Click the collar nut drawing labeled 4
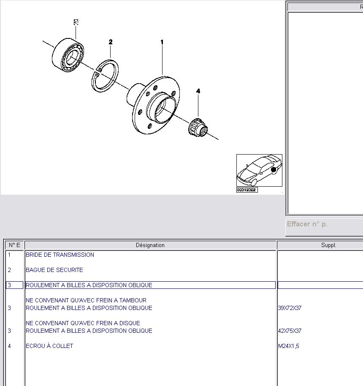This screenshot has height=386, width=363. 198,128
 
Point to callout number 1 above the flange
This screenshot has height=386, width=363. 162,42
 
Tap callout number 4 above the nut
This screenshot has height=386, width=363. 198,91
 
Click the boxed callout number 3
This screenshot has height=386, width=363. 76,22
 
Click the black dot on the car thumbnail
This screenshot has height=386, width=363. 274,170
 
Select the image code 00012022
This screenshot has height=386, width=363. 247,190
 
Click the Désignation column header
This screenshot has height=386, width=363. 150,245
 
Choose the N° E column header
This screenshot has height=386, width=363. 14,245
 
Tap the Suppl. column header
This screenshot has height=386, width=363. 328,245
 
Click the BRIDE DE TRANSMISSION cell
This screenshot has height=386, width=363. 60,255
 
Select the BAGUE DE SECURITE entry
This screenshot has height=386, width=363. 54,270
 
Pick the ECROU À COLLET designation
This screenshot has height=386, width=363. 49,346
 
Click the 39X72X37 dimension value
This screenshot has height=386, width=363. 290,308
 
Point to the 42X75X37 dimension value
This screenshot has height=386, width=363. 290,331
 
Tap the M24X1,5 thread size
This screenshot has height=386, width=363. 289,346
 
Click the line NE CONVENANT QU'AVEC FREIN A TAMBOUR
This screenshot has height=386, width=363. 86,300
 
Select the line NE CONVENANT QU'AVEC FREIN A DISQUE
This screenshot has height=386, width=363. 83,323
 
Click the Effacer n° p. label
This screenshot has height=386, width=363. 307,224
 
